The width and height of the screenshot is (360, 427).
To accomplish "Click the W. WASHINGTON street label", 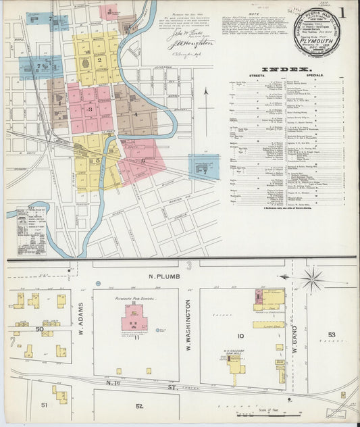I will (x=188, y=323).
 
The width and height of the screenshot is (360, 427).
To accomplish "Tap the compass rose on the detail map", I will (x=312, y=278).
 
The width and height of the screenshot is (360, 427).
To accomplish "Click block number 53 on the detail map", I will (x=332, y=334).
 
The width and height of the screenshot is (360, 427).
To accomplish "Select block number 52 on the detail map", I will (x=139, y=406).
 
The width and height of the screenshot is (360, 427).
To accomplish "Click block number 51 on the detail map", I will (x=44, y=405).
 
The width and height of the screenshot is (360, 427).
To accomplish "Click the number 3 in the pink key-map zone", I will (x=90, y=108).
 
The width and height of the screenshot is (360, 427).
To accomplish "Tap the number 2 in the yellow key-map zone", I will (x=99, y=61).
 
